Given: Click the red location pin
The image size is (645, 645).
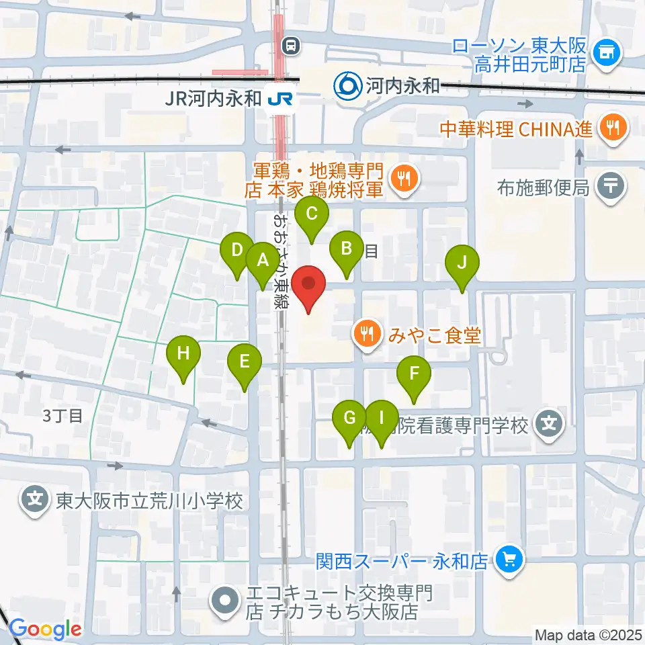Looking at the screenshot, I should tap(310, 287).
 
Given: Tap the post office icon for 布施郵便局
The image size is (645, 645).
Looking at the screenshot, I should tap(611, 185).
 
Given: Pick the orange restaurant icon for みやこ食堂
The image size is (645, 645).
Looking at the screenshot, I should tap(368, 333).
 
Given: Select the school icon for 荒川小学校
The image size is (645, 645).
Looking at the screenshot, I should tap(34, 500).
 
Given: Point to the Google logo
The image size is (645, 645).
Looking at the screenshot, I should tap(44, 630).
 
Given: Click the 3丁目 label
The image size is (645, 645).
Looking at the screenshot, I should tap(62, 416).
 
